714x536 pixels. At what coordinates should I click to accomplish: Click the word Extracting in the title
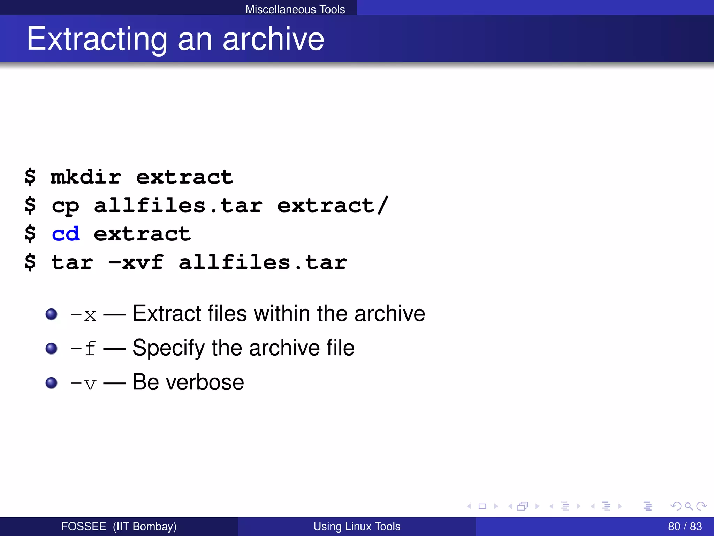(97, 39)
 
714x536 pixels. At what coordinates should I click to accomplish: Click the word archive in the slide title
(273, 39)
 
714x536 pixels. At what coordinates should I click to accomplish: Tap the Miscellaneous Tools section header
(295, 9)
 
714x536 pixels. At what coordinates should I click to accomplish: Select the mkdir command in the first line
(86, 177)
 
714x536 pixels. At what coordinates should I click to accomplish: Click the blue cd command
(66, 234)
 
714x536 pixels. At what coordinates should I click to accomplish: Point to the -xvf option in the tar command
(136, 262)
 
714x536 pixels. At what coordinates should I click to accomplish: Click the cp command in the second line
(66, 206)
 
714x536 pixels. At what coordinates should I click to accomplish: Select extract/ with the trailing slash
(333, 205)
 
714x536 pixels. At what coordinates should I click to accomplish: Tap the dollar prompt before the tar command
(30, 262)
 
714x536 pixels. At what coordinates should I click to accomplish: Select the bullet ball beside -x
(52, 314)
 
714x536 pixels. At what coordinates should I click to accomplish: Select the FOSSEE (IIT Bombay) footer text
(119, 526)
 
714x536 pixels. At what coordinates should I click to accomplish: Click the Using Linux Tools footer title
(357, 526)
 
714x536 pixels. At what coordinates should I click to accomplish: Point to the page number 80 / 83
(685, 526)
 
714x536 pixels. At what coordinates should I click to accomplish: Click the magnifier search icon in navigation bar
(689, 506)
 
